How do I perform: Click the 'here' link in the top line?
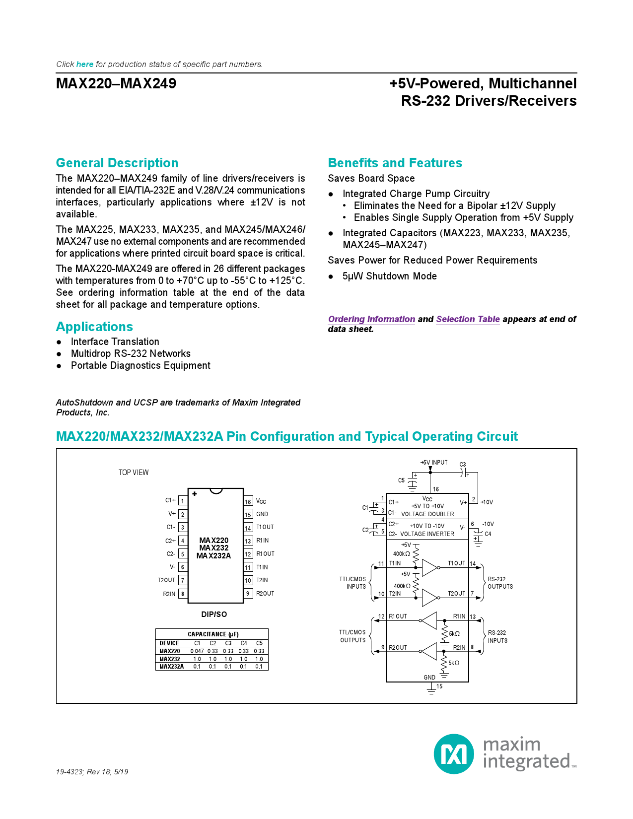[84, 65]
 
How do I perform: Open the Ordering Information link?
[371, 319]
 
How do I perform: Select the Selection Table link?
[468, 319]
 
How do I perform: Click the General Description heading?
[117, 163]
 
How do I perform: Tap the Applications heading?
[94, 327]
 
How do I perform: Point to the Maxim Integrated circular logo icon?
[454, 754]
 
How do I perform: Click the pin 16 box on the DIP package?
[248, 501]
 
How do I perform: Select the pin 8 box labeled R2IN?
[183, 594]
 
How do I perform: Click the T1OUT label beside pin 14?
[265, 527]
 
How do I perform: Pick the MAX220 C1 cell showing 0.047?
[197, 651]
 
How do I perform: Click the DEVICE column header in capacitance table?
[169, 643]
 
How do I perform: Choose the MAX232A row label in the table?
[171, 667]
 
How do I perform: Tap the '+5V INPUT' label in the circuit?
[434, 463]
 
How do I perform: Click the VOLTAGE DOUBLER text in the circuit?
[427, 514]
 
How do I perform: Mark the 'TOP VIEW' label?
[134, 473]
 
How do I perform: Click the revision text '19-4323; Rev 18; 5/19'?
[92, 772]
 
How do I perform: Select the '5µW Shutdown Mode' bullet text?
[389, 276]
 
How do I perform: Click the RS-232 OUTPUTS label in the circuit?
[500, 583]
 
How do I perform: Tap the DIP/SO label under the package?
[214, 614]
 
